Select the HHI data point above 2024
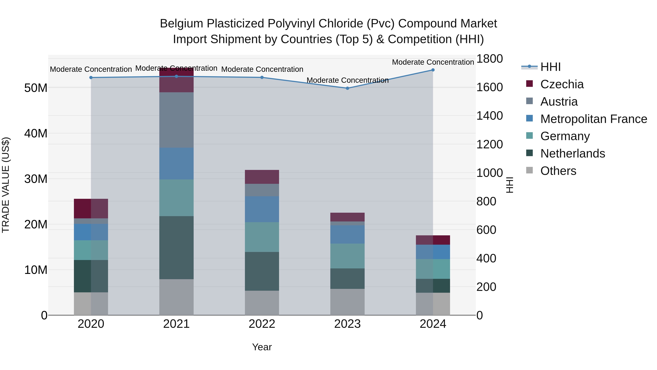pyautogui.click(x=433, y=70)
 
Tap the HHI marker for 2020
pyautogui.click(x=91, y=78)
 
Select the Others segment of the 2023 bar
pyautogui.click(x=347, y=302)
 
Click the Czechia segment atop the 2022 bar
pyautogui.click(x=262, y=177)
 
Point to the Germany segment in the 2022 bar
pyautogui.click(x=262, y=237)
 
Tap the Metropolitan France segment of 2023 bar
pyautogui.click(x=347, y=234)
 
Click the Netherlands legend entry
pyautogui.click(x=573, y=153)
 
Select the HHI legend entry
pyautogui.click(x=550, y=67)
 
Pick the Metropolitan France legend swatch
pyautogui.click(x=529, y=118)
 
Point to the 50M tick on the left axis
pyautogui.click(x=36, y=88)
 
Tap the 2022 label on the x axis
pyautogui.click(x=262, y=324)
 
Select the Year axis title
pyautogui.click(x=262, y=347)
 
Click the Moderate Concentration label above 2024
pyautogui.click(x=433, y=62)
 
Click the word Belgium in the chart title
pyautogui.click(x=181, y=24)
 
